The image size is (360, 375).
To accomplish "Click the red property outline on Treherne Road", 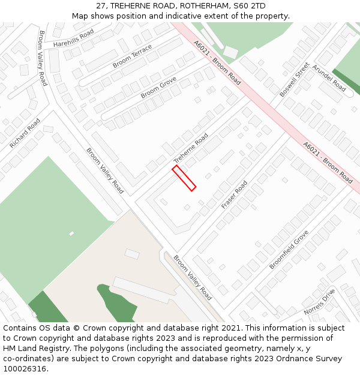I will pos(184,178).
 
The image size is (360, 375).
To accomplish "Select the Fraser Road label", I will pos(234,195).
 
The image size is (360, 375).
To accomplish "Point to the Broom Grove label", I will pos(158,88).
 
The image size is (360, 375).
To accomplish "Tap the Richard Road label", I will pos(25,133).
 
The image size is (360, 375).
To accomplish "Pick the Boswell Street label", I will pos(295,79).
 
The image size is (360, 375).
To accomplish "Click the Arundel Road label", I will pos(329,79).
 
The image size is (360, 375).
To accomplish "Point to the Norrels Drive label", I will pos(319,302).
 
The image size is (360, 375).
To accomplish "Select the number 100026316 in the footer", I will pos(25,369).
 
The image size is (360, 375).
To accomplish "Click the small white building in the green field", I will pos(71,233).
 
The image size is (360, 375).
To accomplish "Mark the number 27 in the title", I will pos(100,5).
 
